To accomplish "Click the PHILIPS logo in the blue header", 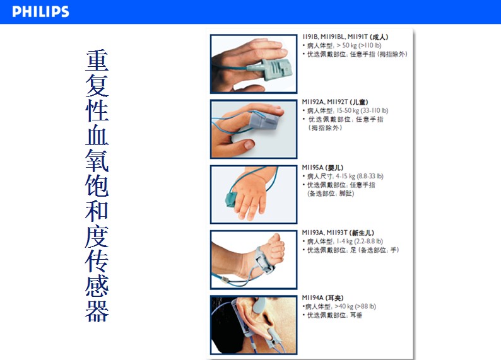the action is (x=40, y=11).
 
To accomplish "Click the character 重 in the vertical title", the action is (x=97, y=61).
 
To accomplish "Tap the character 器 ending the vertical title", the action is (x=97, y=310).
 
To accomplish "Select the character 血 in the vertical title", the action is (x=97, y=136).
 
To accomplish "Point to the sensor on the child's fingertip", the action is (x=264, y=120).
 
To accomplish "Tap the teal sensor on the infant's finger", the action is (x=232, y=199).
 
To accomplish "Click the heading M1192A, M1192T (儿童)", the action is (x=335, y=102).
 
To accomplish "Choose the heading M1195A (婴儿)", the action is (x=322, y=168).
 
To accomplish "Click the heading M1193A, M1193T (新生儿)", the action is (x=338, y=233).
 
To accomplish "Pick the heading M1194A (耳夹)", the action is (x=322, y=298).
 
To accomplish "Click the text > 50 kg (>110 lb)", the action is (x=359, y=45).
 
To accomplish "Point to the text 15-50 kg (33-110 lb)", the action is (x=362, y=110).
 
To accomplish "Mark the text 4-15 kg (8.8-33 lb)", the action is (x=360, y=176).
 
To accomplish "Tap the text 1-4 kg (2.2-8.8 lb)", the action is (x=360, y=241).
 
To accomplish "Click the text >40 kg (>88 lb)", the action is (x=355, y=306).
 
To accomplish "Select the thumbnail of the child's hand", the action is (x=254, y=129).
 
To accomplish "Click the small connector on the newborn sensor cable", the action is (x=225, y=280).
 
